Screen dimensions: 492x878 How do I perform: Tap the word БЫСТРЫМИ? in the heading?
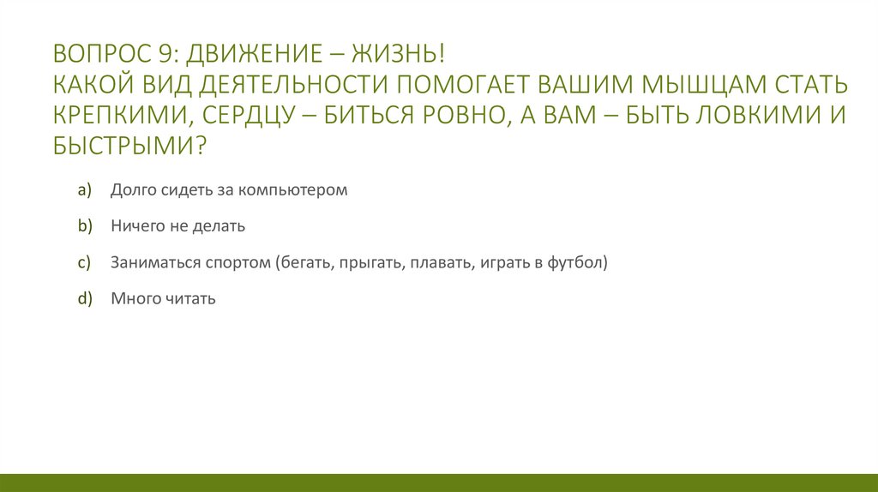[129, 145]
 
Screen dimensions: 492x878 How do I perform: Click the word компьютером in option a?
[292, 190]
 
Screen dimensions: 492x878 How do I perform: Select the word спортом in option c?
[237, 263]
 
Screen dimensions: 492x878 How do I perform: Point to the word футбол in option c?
[576, 263]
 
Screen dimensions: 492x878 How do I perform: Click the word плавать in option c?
[437, 263]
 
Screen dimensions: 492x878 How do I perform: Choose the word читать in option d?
[188, 299]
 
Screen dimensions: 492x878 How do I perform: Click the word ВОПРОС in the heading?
[97, 56]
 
